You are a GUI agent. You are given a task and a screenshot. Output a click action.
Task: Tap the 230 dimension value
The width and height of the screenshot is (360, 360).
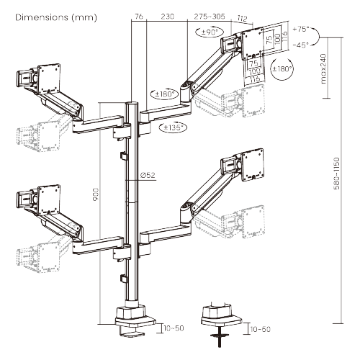167,14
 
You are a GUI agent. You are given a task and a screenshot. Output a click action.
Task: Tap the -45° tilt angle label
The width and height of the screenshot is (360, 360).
301,45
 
